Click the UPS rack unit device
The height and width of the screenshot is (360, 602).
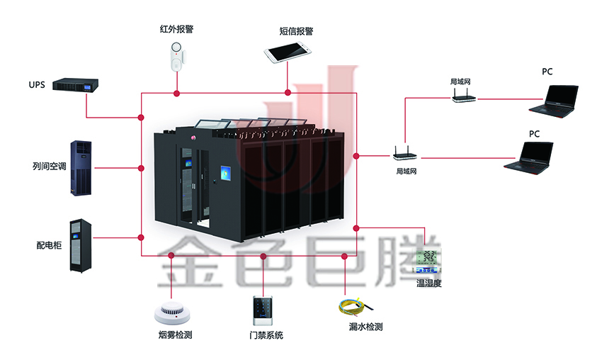pyautogui.click(x=75, y=85)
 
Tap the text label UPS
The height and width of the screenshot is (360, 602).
pyautogui.click(x=37, y=85)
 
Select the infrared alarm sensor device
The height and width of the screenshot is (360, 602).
pyautogui.click(x=175, y=56)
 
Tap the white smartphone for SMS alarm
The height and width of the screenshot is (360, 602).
pyautogui.click(x=288, y=51)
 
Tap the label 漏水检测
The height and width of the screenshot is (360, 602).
pyautogui.click(x=366, y=327)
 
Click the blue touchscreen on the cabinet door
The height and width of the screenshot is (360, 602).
pyautogui.click(x=226, y=174)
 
